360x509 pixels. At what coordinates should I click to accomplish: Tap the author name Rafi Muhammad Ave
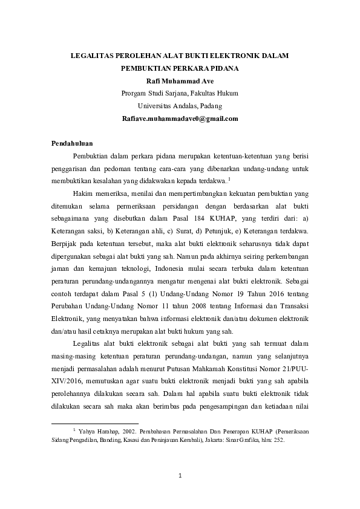[x=180, y=81]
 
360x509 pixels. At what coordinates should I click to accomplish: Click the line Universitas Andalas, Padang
[x=180, y=106]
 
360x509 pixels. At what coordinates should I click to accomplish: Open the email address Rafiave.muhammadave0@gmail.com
[x=180, y=118]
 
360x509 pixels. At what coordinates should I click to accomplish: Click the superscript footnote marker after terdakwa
[x=229, y=178]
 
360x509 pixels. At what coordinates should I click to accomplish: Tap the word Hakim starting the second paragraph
[x=81, y=193]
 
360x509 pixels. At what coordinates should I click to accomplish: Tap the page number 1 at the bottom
[x=180, y=476]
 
